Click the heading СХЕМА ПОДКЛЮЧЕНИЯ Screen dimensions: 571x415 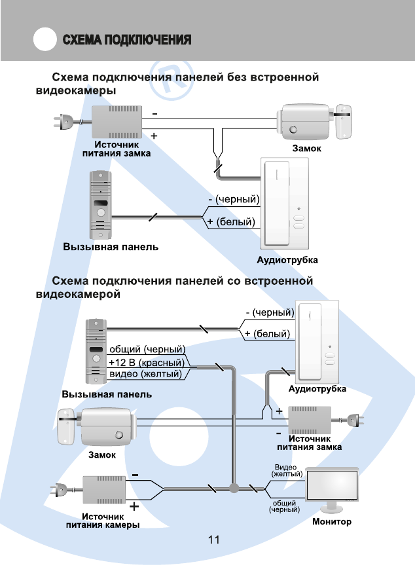(127, 40)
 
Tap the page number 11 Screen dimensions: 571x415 (213, 540)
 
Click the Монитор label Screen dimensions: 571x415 (331, 522)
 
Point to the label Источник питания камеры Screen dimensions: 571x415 (103, 521)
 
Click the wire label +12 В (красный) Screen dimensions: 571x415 (147, 361)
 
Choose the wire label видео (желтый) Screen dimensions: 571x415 (145, 374)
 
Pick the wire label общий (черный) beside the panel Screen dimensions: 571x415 (147, 348)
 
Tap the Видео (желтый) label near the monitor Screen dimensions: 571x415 (287, 470)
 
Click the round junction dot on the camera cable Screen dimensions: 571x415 (234, 488)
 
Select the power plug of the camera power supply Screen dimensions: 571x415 (60, 488)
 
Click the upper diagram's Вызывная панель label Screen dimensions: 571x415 (111, 248)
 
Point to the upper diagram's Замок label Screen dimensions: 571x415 (306, 149)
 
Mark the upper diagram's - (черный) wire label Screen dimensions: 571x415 (233, 199)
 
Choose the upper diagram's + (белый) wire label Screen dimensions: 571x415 (230, 222)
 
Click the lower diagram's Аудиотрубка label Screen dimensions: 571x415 (317, 388)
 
